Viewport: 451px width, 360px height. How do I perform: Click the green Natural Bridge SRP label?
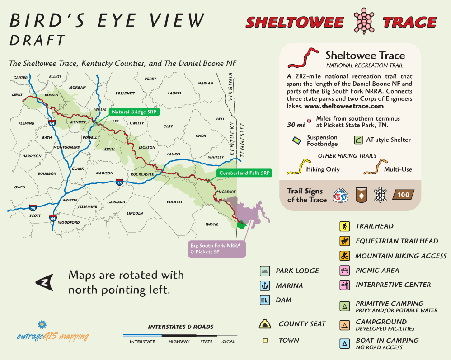(x=134, y=112)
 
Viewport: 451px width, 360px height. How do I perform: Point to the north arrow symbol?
(x=45, y=282)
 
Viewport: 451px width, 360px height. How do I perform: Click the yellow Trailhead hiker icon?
(x=344, y=226)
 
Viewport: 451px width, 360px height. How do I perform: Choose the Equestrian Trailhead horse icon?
(x=344, y=241)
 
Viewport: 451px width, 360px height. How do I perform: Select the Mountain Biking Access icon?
(x=344, y=256)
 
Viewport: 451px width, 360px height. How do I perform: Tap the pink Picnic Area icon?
(x=344, y=271)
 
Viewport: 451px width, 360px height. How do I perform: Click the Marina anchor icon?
(x=264, y=285)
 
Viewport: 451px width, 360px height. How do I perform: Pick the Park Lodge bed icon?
(x=264, y=271)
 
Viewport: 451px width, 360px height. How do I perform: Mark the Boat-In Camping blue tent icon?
(x=344, y=344)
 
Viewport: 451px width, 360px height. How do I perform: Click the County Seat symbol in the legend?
(x=265, y=323)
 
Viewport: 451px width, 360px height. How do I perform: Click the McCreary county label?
(x=226, y=192)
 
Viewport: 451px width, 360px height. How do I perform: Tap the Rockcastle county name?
(x=142, y=174)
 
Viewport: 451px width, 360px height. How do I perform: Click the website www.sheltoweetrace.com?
(x=343, y=107)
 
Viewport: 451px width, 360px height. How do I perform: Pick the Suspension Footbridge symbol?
(x=296, y=140)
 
